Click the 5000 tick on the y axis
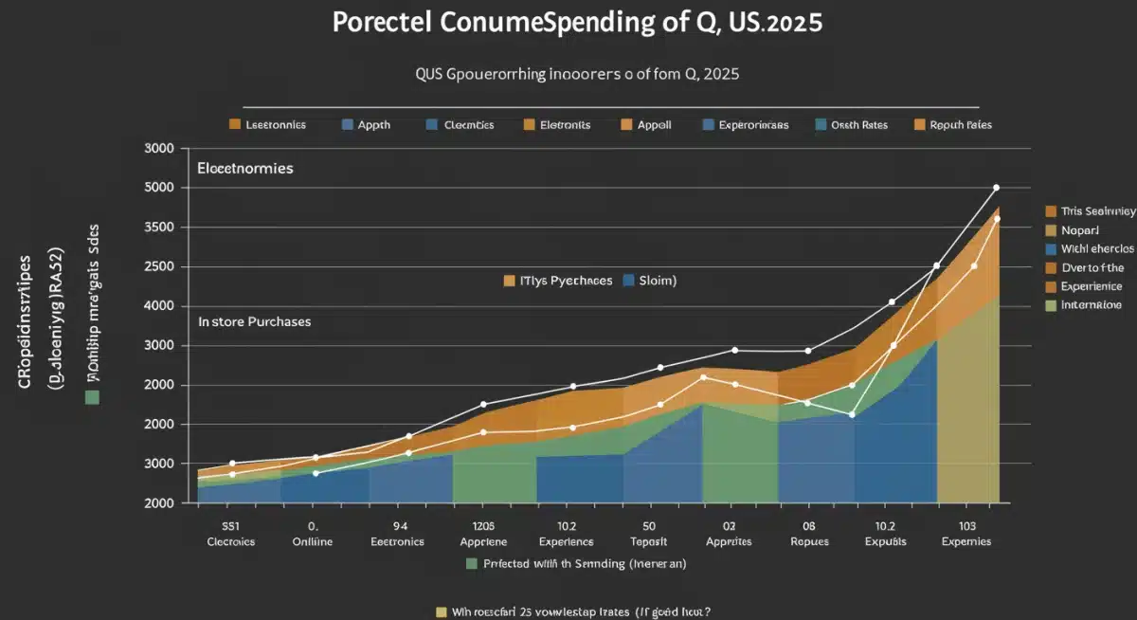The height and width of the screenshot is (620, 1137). tap(159, 188)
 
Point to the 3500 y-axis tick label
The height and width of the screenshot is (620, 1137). tap(159, 228)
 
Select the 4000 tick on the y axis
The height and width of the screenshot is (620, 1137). tap(159, 306)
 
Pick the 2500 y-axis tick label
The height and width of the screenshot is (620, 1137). tap(159, 267)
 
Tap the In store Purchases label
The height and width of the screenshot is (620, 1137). tap(254, 322)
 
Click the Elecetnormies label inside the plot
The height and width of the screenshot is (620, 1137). tap(244, 168)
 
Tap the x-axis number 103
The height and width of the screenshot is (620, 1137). tap(966, 524)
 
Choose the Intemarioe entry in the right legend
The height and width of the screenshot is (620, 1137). tap(1091, 304)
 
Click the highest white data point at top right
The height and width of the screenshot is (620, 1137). tap(996, 188)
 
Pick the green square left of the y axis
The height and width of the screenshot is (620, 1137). tap(92, 396)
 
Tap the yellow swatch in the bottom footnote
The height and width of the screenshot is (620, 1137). tap(441, 611)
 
